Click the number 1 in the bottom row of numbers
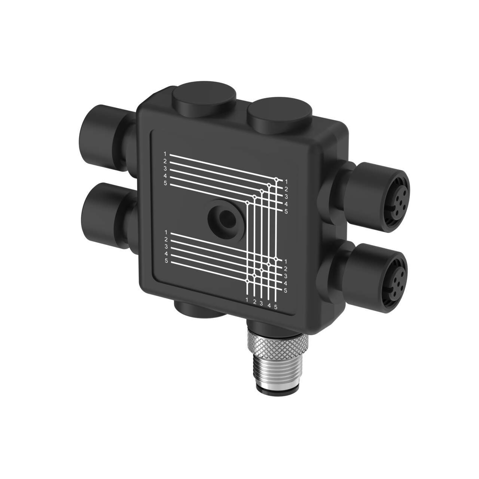pyautogui.click(x=247, y=300)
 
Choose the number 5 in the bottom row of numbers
pyautogui.click(x=276, y=307)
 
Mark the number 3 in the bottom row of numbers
pyautogui.click(x=261, y=303)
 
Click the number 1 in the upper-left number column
pyautogui.click(x=165, y=154)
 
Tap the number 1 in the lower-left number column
pyautogui.click(x=165, y=232)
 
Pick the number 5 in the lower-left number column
pyautogui.click(x=166, y=261)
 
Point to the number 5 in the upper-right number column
pyautogui.click(x=286, y=212)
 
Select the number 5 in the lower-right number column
pyautogui.click(x=285, y=290)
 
